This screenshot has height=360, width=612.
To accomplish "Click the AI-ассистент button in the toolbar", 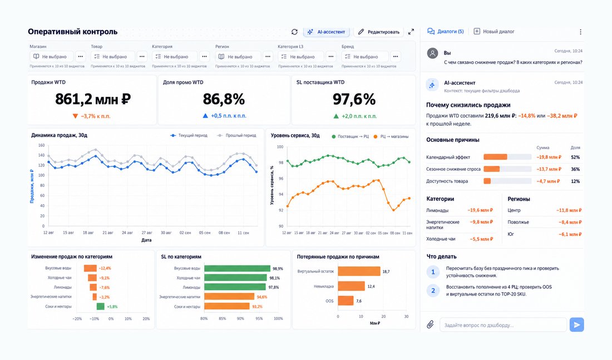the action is pyautogui.click(x=326, y=32).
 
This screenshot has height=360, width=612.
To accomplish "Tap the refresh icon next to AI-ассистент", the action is pyautogui.click(x=294, y=32).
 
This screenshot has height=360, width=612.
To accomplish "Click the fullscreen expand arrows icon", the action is pyautogui.click(x=411, y=32).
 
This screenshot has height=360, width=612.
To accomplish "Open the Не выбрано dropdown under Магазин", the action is pyautogui.click(x=51, y=57).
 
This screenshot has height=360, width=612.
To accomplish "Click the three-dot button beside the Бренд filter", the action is pyautogui.click(x=396, y=57).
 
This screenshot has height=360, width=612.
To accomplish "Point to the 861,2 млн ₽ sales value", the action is pyautogui.click(x=93, y=99).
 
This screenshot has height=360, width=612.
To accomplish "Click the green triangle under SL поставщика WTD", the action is pyautogui.click(x=336, y=116).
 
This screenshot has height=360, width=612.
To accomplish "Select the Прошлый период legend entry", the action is pyautogui.click(x=236, y=136).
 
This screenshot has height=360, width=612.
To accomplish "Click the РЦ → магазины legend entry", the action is pyautogui.click(x=391, y=137).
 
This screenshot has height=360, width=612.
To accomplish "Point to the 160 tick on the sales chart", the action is pyautogui.click(x=41, y=145).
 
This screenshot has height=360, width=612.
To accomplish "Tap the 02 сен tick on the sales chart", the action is pyautogui.click(x=185, y=233).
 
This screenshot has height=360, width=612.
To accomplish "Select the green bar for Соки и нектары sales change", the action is pyautogui.click(x=100, y=307).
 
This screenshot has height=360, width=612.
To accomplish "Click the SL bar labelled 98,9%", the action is pyautogui.click(x=237, y=269).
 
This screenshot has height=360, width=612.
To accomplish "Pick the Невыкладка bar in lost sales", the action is pyautogui.click(x=351, y=286).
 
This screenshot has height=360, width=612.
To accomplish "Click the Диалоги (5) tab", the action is pyautogui.click(x=445, y=31).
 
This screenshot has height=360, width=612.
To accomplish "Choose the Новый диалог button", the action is pyautogui.click(x=493, y=31).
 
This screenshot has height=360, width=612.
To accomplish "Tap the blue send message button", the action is pyautogui.click(x=576, y=324).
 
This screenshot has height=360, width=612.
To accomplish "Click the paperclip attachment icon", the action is pyautogui.click(x=430, y=324).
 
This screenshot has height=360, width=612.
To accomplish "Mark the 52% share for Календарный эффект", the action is pyautogui.click(x=575, y=157).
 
